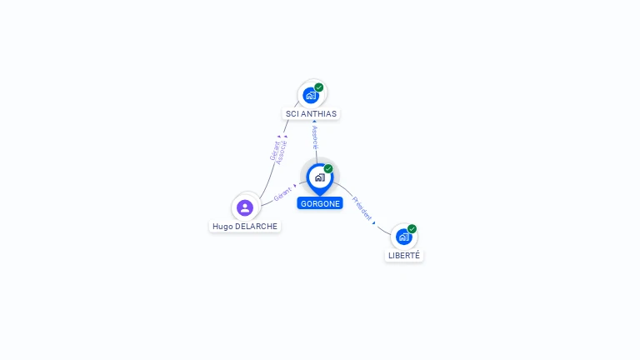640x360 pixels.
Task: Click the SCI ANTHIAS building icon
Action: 311,95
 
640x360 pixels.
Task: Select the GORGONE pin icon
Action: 319,177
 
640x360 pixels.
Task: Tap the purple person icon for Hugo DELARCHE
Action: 244,207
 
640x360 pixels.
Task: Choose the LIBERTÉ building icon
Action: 403,237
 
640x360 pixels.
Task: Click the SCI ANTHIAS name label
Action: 311,113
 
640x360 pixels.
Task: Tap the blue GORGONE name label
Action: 319,203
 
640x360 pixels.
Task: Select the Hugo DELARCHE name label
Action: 244,226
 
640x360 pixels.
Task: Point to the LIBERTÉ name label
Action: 404,256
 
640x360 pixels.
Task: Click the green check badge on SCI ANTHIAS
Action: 319,87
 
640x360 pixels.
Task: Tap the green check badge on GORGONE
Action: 328,168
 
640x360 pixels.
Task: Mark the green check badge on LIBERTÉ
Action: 412,228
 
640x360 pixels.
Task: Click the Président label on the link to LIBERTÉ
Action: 362,208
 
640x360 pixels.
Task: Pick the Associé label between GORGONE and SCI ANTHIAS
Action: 314,137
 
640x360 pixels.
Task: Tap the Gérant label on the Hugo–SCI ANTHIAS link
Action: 274,151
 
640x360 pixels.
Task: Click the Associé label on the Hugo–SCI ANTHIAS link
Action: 282,152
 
